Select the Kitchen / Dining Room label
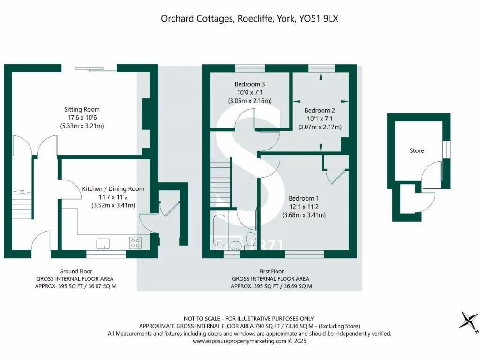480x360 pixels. coord(113,188)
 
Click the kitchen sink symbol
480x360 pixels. coord(103,243)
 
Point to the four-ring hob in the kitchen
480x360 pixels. coord(135,243)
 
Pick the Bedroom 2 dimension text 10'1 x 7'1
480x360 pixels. coord(320,119)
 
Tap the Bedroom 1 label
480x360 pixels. coord(304,198)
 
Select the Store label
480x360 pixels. coord(417,150)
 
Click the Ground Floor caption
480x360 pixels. coord(75,271)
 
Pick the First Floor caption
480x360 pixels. coord(271,271)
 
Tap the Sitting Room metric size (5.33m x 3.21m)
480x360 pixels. coord(82,126)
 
